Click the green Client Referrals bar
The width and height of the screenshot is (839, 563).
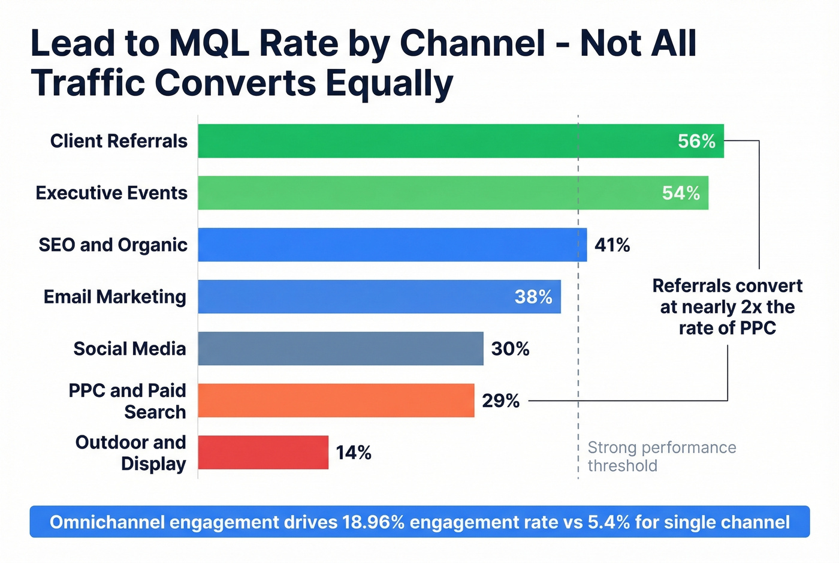coord(460,141)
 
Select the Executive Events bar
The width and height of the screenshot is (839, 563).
coord(452,193)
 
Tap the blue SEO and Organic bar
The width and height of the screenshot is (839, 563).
coord(392,245)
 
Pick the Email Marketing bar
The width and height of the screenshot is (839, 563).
coord(379,297)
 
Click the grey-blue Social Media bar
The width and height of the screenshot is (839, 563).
coord(340,348)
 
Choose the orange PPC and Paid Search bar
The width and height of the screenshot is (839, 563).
coord(336,401)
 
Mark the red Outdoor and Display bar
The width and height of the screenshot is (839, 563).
coord(263,452)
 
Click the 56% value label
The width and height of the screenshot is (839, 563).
coord(696,141)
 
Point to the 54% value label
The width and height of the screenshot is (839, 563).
coord(681,193)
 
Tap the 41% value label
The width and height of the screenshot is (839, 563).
coord(612,245)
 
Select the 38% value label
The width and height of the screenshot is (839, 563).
coord(533,297)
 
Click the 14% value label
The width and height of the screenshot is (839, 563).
coord(353,453)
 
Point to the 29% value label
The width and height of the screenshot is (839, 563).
coord(500,401)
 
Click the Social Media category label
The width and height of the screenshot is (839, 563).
coord(129,349)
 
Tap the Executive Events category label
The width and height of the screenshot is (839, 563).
coord(111,193)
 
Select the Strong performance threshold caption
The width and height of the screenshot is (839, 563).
coord(662,456)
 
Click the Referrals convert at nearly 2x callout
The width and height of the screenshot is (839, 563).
coord(727,307)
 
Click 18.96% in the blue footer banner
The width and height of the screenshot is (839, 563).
coord(373,522)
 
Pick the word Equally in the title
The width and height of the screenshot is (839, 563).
coord(389,83)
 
